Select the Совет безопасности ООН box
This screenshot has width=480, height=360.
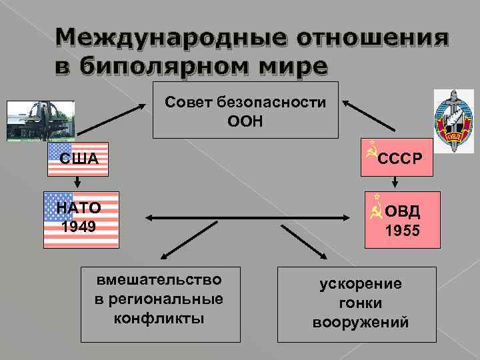[x=245, y=110]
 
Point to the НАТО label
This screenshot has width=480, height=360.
[x=79, y=208]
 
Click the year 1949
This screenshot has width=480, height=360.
[x=79, y=227]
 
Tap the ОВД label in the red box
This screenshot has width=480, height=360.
[x=403, y=212]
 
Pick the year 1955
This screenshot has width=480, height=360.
[x=403, y=232]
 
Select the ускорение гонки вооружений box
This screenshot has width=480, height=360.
[x=360, y=303]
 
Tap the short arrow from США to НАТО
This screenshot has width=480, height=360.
[x=77, y=182]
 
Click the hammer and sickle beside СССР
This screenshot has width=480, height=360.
[x=371, y=153]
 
